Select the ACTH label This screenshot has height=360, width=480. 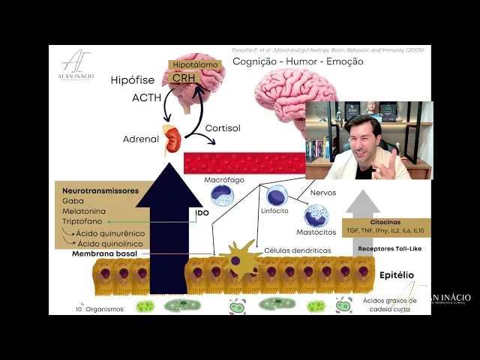click(x=146, y=97)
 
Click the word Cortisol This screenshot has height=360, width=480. click(x=223, y=129)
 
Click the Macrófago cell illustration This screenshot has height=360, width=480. click(x=222, y=196)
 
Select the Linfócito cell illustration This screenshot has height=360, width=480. click(x=277, y=196)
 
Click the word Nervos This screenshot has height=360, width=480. click(x=322, y=193)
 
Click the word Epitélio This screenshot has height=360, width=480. click(x=395, y=275)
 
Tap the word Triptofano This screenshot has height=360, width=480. click(x=83, y=222)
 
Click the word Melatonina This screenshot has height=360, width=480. click(x=85, y=211)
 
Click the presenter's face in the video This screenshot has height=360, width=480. click(x=364, y=142)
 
